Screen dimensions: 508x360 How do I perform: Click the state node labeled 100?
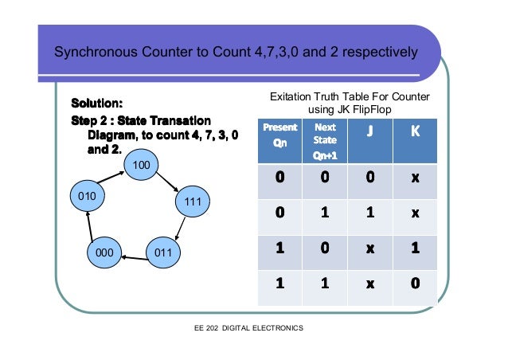[x=142, y=165]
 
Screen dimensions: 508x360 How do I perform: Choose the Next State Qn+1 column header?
[x=325, y=140]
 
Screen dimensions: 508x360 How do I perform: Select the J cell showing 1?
[x=369, y=212]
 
